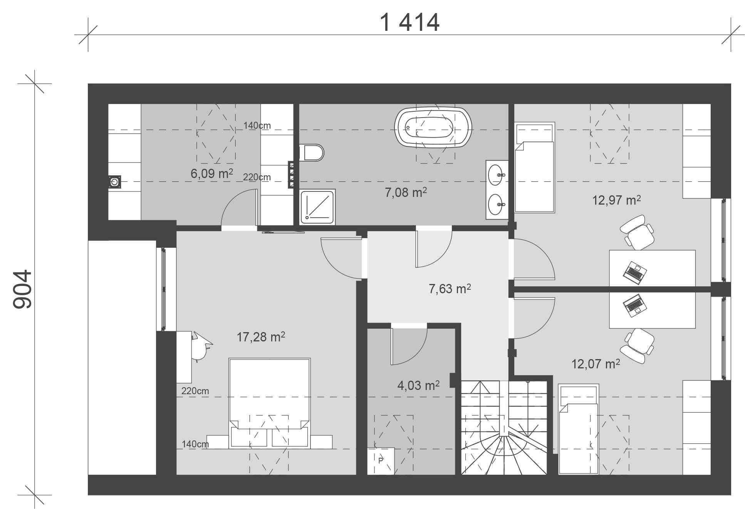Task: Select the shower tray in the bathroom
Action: coord(318,207)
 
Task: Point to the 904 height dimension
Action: coord(22,289)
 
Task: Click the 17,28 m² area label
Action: coord(261,337)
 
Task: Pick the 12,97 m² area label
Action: coord(616,200)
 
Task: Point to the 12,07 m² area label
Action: coord(596,363)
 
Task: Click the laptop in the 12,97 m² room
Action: coord(634,273)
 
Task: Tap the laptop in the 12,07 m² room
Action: coord(634,306)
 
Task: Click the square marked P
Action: coord(381,461)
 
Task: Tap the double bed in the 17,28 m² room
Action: coord(269,403)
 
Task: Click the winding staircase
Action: coord(504,427)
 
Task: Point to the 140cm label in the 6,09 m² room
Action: coord(257,126)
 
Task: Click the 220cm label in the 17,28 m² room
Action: coord(195,391)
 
